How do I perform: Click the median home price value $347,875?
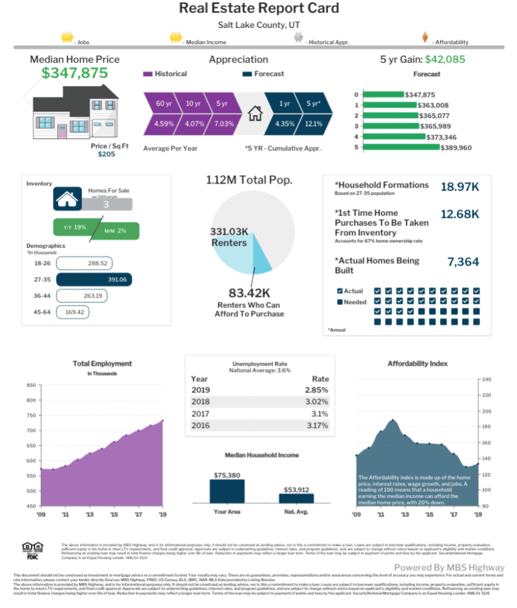pos(75,73)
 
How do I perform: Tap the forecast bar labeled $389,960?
pos(401,147)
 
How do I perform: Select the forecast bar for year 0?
pos(382,94)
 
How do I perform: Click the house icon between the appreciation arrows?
pos(255,113)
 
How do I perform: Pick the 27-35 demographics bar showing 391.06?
pos(94,280)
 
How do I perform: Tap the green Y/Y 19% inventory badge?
pos(72,227)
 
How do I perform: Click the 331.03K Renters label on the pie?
pos(229,237)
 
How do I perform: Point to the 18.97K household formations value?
pos(459,187)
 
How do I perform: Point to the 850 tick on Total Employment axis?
pos(31,385)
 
